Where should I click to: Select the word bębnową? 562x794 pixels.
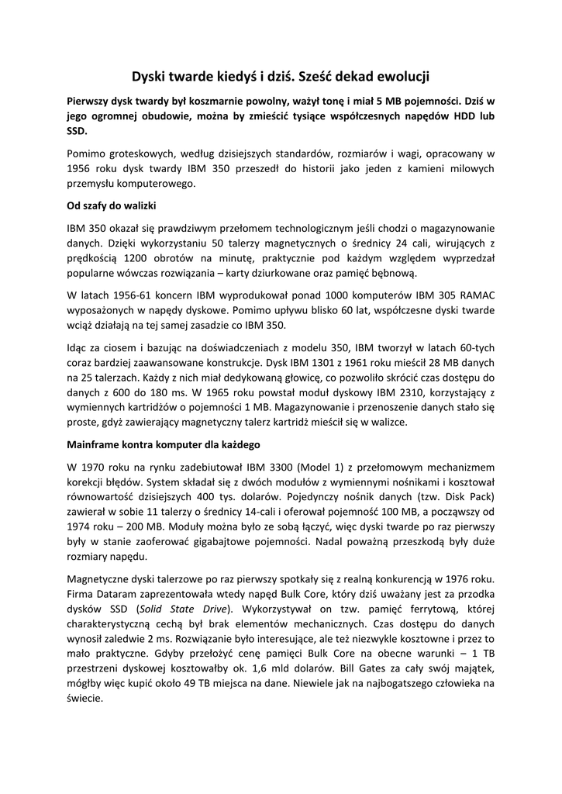point(395,273)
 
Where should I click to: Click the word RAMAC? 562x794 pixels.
point(475,295)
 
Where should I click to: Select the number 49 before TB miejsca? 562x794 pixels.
point(200,683)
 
